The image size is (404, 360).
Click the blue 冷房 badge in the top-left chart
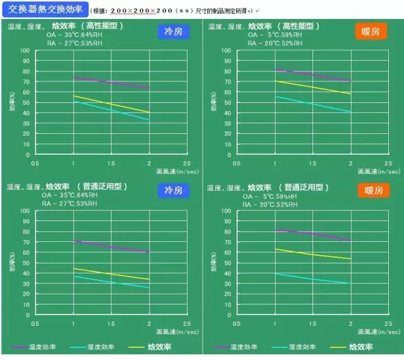pos(175,31)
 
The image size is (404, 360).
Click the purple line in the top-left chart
pos(111,82)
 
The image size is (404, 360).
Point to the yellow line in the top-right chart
pos(312,87)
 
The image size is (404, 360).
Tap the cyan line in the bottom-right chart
pos(312,279)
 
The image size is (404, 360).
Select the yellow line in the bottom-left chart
pos(111,273)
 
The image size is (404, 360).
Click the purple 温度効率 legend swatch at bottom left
pos(21,347)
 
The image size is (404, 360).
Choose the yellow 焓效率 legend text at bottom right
pos(360,347)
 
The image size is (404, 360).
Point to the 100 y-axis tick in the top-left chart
pos(26,51)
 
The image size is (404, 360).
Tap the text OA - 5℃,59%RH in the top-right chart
pos(273,35)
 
